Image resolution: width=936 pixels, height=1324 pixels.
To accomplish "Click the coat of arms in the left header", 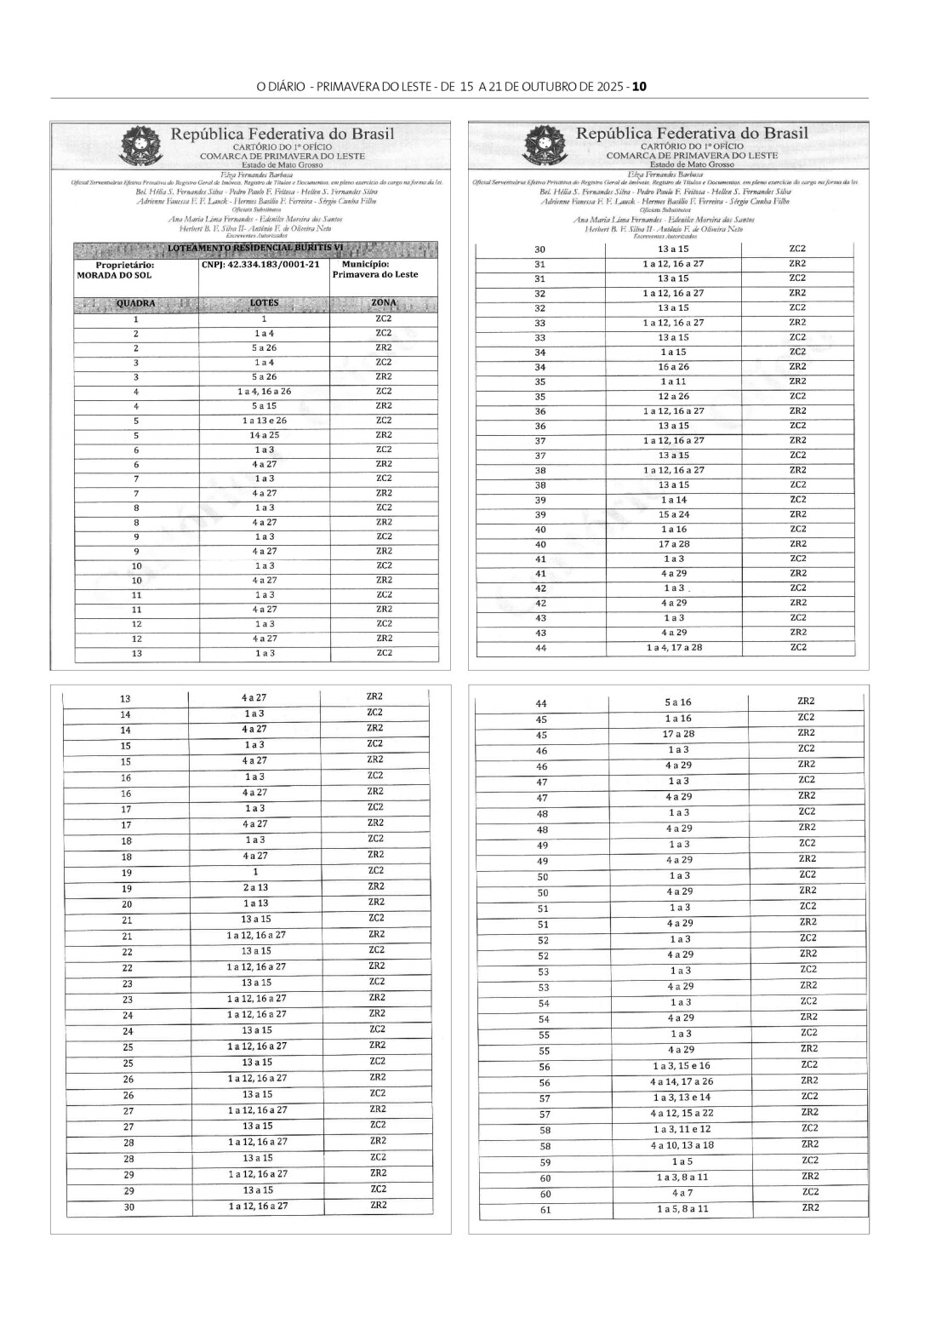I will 135,145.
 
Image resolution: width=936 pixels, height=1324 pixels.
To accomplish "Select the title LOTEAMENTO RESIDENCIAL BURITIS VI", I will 256,248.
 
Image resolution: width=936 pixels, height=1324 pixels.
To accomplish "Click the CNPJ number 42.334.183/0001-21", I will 261,265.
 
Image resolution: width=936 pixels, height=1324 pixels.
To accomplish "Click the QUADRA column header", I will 135,304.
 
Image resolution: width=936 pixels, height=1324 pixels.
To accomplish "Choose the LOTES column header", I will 264,304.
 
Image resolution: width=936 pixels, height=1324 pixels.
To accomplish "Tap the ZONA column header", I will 384,303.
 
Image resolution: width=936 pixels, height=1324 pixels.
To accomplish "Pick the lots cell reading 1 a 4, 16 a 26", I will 264,392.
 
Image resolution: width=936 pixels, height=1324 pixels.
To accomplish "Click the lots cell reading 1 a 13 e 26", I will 264,421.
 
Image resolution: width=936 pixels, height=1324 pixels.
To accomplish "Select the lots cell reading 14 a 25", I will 264,435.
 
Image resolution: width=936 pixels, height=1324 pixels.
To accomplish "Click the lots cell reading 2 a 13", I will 255,888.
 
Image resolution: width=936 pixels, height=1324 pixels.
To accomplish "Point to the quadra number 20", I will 127,904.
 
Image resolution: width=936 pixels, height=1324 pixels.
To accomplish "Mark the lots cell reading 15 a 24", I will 674,514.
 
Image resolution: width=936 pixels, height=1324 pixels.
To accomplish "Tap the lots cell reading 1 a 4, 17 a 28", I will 674,648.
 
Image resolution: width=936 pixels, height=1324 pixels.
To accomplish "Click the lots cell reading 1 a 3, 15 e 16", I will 681,1066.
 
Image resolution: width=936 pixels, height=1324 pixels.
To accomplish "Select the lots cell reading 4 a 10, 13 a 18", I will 681,1145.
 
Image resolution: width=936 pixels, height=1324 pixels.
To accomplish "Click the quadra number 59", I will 545,1162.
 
